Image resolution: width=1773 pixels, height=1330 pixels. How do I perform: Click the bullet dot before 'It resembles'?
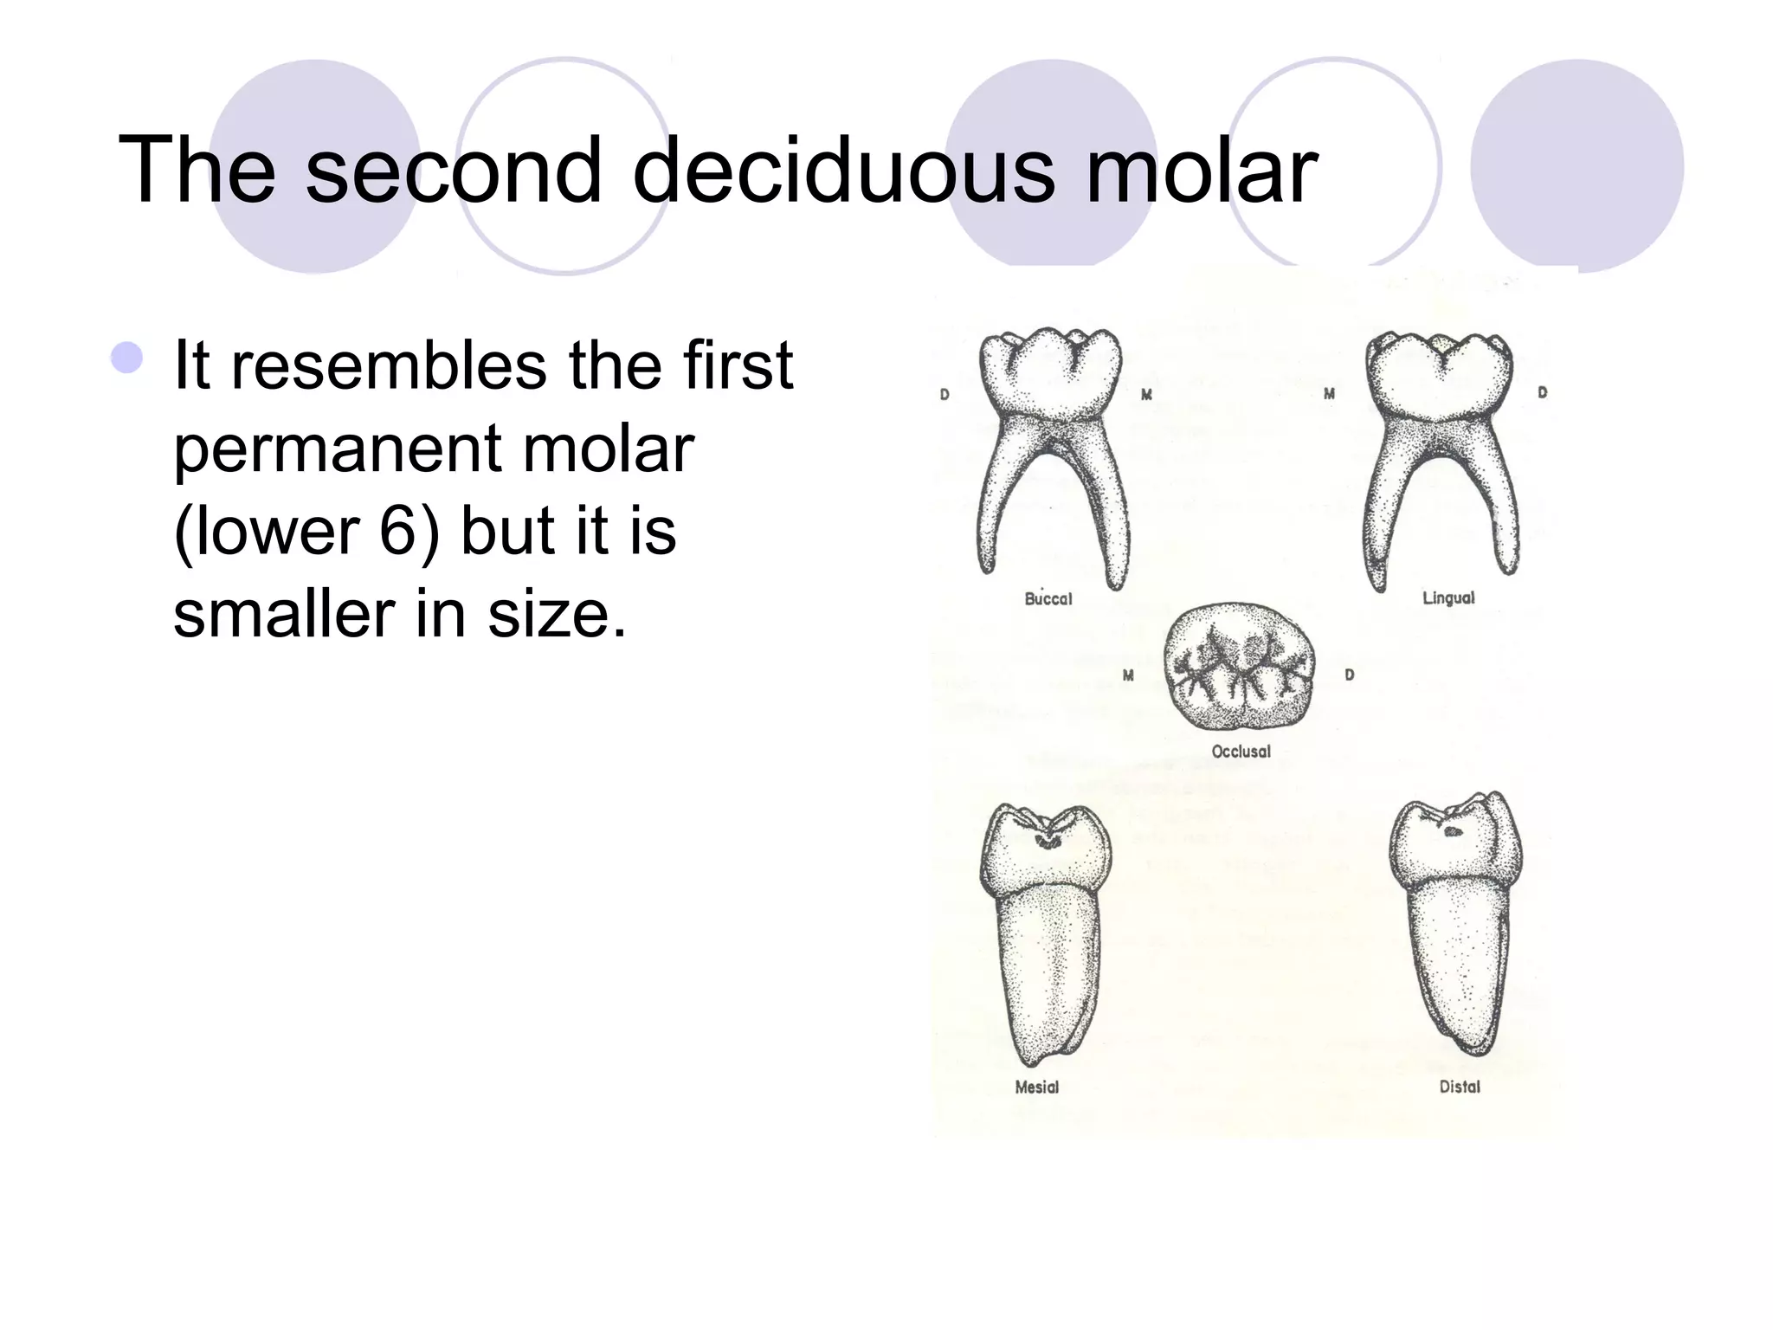(127, 358)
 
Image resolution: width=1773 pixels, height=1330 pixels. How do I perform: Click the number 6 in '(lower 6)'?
(399, 531)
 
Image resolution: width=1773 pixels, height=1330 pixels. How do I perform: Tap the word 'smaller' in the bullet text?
(282, 613)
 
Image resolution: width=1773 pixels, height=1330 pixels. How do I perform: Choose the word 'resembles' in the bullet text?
(389, 365)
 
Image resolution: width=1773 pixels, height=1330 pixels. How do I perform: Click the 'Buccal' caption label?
(1048, 599)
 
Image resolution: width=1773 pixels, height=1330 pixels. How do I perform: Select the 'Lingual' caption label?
(1448, 597)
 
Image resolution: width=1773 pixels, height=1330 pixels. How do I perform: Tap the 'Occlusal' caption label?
(1241, 752)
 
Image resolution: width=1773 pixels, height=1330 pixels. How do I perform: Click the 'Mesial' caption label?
(1036, 1087)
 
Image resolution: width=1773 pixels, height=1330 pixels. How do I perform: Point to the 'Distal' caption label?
(1460, 1087)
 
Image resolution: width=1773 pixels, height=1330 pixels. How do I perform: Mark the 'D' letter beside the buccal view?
(945, 395)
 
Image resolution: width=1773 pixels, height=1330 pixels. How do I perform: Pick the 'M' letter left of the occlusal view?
(1128, 675)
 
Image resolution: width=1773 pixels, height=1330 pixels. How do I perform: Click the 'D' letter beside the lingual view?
(1542, 393)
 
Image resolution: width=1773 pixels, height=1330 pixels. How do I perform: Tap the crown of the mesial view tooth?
(1046, 849)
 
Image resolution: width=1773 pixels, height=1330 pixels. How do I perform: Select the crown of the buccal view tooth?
(1050, 372)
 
